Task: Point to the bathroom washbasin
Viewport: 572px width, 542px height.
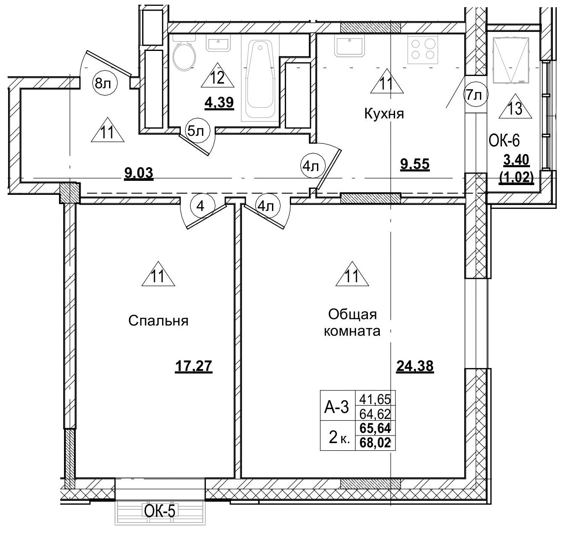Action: [218, 43]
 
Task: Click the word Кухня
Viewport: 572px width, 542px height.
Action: [384, 114]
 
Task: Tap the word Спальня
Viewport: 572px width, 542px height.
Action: [158, 321]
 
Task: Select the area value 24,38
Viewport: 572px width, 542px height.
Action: [415, 365]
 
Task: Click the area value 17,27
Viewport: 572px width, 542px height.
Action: [193, 365]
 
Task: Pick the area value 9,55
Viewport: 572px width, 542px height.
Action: [415, 164]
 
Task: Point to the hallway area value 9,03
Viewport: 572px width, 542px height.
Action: [138, 174]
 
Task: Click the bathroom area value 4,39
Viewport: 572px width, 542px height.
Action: [219, 103]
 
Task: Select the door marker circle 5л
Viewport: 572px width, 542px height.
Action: [196, 131]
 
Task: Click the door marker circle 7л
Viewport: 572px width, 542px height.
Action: [474, 95]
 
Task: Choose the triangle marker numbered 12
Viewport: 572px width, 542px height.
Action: [217, 79]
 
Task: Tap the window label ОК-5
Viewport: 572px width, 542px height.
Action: [160, 511]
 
